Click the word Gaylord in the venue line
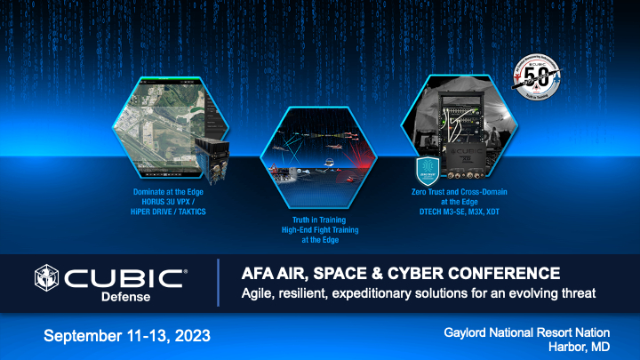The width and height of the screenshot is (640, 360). point(466,331)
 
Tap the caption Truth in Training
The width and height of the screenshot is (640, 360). point(320,220)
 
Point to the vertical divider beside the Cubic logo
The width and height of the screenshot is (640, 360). point(218,283)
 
